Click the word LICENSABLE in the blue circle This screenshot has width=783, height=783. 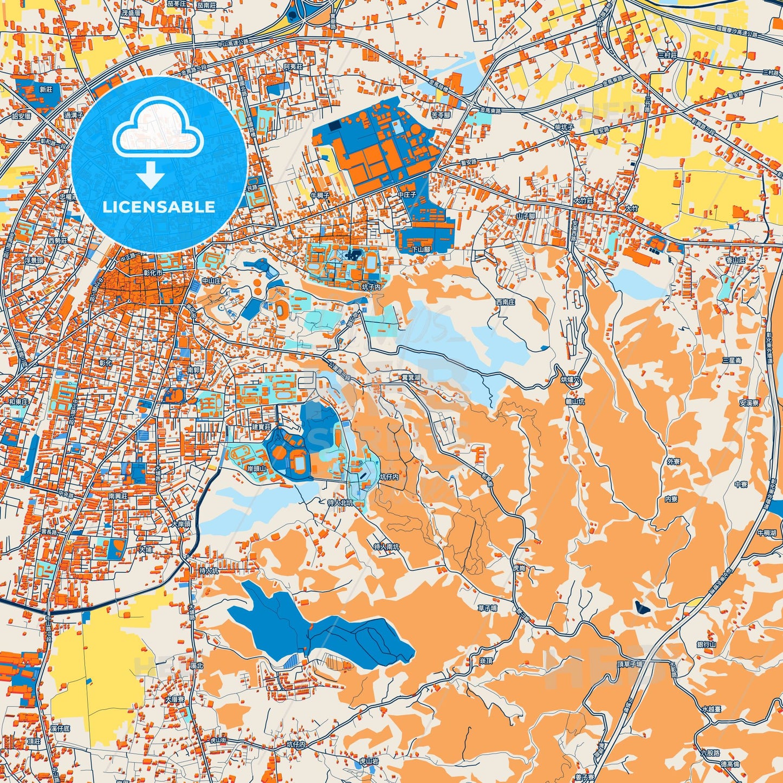[x=159, y=207]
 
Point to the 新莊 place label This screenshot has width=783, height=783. [x=46, y=89]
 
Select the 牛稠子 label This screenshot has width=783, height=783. [x=320, y=195]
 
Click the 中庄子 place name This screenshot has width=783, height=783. [x=406, y=194]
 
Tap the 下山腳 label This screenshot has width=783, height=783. [x=421, y=250]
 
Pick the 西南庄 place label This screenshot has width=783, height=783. [x=505, y=302]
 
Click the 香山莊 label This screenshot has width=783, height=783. [x=735, y=260]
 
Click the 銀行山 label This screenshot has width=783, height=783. [x=707, y=644]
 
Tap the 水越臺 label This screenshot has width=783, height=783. [x=711, y=709]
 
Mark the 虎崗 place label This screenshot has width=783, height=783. [x=519, y=568]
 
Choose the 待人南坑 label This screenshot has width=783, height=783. [x=387, y=547]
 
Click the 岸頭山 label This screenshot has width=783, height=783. [x=256, y=468]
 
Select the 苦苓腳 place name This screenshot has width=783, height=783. [x=441, y=115]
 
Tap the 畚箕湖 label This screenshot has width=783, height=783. [x=411, y=377]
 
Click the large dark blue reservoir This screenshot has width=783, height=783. [x=314, y=629]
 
